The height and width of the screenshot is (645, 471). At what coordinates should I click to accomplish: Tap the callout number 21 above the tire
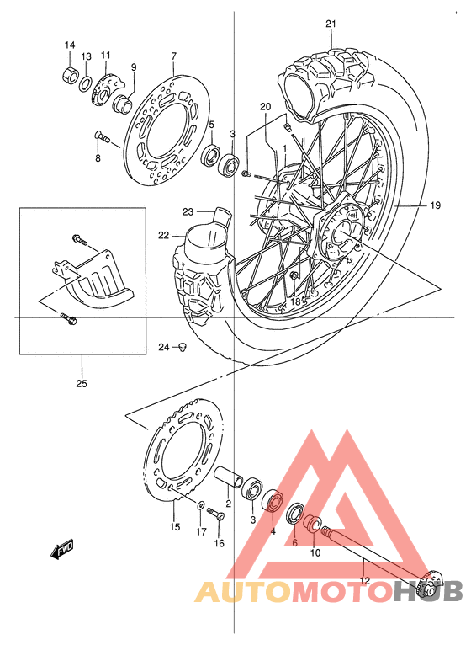pos(331,23)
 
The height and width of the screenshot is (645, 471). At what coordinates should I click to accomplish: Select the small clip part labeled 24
pos(181,347)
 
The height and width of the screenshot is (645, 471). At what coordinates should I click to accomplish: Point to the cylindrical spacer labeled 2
pos(230,477)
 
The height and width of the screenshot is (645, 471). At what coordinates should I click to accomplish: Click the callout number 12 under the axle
pos(363,580)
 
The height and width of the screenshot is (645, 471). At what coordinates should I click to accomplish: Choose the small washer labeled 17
pos(200,507)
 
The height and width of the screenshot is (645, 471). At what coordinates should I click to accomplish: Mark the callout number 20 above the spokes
pos(266,107)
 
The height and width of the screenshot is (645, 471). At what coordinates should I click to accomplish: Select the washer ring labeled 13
pos(86,83)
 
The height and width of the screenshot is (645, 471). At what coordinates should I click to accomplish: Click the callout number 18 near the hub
pos(296,300)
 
